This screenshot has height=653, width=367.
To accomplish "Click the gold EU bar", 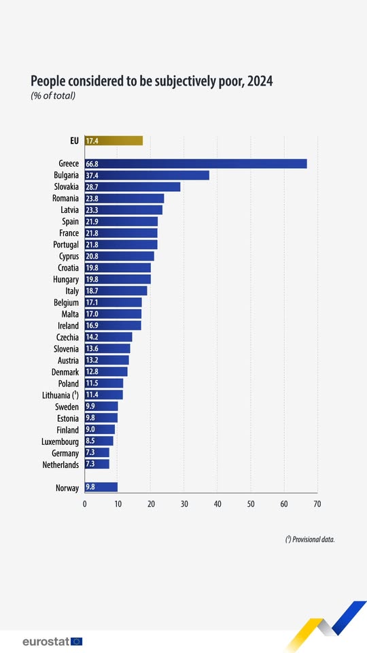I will [113, 141].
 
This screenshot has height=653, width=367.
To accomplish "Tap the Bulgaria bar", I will [147, 175].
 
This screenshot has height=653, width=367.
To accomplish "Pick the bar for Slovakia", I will [133, 187].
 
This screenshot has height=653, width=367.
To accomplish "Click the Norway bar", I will [101, 487].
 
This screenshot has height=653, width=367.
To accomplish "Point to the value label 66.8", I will [92, 164].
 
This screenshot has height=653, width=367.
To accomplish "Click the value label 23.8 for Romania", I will [92, 199].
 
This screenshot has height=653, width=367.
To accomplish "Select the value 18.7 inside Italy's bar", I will [92, 291].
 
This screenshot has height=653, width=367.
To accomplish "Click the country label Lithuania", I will [56, 395].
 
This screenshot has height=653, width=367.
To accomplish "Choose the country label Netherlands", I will [58, 464].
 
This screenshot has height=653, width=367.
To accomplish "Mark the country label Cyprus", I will [67, 256].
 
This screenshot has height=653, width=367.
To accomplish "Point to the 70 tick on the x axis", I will [317, 504].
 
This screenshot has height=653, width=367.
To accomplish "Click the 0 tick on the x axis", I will [85, 504].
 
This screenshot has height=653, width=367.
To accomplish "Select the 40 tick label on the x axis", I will [217, 504].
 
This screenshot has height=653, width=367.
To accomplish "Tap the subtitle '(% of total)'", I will [53, 95].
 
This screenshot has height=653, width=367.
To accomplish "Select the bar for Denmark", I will [106, 371].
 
